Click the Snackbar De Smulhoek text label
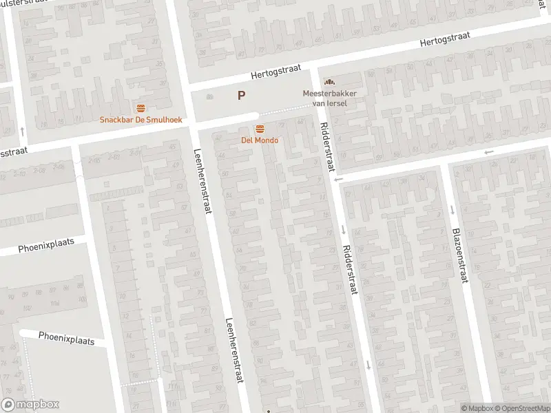pos(141,119)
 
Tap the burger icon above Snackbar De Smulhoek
pos(141,108)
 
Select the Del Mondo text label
pos(260,140)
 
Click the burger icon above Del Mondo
pos(260,129)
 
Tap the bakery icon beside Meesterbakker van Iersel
pos(328,83)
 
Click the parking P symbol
pos(242,96)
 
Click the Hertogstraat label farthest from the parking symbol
pos(448,41)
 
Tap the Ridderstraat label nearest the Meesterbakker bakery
pos(325,149)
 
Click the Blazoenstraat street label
pos(459,255)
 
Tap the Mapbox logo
pos(30,405)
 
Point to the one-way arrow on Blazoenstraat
pos(451,210)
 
